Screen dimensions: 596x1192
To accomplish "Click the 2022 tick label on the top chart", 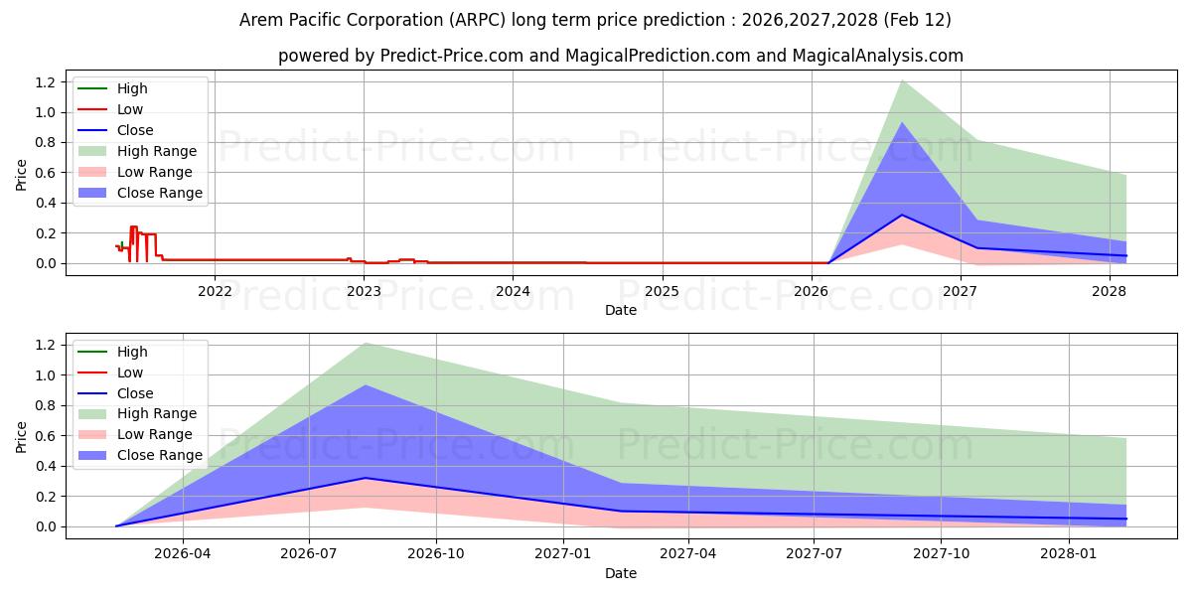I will pyautogui.click(x=215, y=290).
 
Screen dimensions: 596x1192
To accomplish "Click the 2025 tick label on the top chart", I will pyautogui.click(x=662, y=290).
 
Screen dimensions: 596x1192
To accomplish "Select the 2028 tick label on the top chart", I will pyautogui.click(x=1109, y=290).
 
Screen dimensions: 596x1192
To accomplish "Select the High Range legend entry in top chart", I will pyautogui.click(x=157, y=151).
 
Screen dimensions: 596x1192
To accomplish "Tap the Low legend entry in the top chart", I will pyautogui.click(x=130, y=109).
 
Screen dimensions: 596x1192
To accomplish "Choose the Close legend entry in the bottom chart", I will pyautogui.click(x=135, y=393).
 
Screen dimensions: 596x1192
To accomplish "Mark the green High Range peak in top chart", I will pyautogui.click(x=902, y=80).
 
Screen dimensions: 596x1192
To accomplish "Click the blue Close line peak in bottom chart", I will pyautogui.click(x=366, y=478).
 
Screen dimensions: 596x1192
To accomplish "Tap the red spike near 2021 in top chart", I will pyautogui.click(x=133, y=228).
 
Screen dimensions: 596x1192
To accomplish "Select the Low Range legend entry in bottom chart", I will pyautogui.click(x=154, y=434).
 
